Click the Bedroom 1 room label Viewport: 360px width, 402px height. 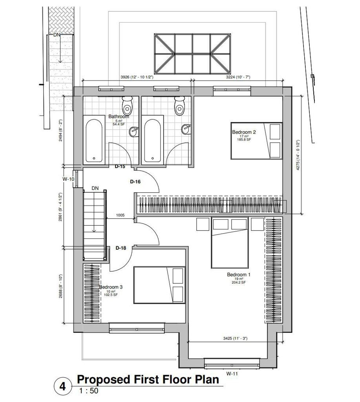238,274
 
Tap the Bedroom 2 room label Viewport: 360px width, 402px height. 244,132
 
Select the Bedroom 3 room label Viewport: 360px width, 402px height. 111,287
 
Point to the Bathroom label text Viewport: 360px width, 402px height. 119,116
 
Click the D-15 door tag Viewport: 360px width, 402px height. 120,166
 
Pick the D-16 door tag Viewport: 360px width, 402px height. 135,182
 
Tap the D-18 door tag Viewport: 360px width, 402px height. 121,248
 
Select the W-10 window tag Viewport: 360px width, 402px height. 68,179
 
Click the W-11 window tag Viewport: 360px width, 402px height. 232,374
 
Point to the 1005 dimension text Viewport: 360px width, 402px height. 120,215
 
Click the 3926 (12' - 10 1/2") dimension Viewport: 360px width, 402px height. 137,77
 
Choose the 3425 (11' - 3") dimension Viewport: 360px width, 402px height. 235,338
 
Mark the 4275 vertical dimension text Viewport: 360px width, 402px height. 298,155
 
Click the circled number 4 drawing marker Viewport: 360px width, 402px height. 63,386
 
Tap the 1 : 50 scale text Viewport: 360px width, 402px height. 89,391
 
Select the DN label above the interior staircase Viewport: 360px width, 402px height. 95,188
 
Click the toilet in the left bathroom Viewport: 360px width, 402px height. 127,105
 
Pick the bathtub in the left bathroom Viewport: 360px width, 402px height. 94,141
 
